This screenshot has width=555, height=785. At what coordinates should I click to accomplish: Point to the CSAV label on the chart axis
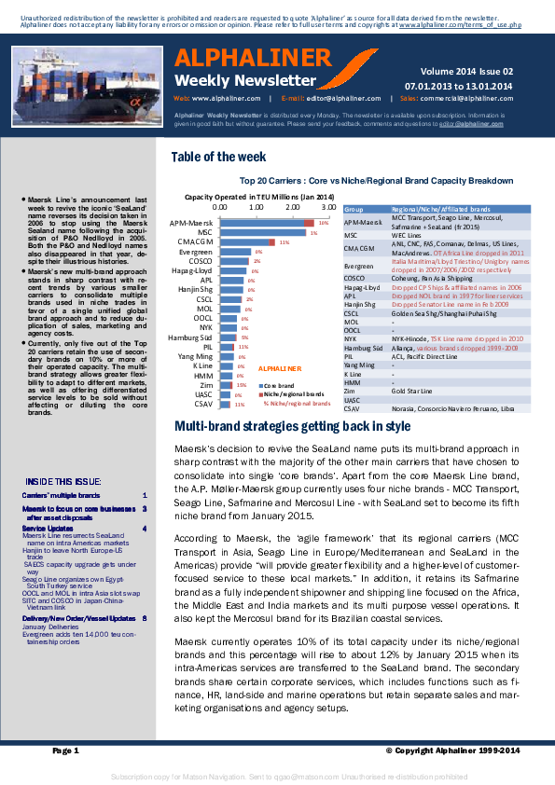point(202,405)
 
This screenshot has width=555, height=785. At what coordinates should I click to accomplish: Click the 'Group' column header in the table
point(354,212)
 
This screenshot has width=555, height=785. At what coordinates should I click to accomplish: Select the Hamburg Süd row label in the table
point(359,347)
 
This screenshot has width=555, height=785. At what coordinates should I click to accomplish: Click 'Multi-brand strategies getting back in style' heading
point(293,427)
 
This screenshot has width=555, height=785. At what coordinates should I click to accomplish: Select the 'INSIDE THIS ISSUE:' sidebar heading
point(63,481)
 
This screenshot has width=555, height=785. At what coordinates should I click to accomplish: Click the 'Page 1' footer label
point(66,750)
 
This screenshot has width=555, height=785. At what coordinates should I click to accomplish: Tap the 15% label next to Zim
point(241,384)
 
